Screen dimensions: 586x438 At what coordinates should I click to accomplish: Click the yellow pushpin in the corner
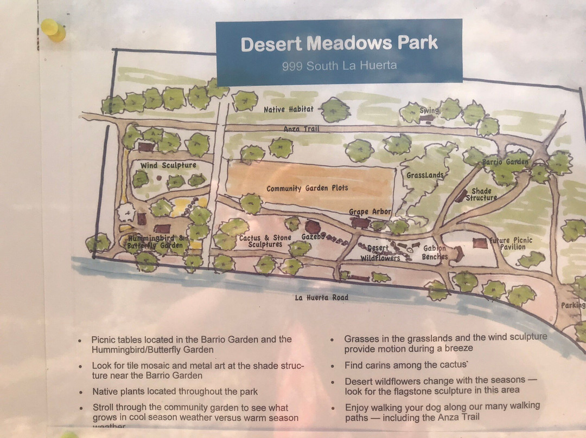point(53,29)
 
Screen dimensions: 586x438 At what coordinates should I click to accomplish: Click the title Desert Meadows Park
point(339,44)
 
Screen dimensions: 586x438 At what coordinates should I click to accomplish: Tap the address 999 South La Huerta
point(339,66)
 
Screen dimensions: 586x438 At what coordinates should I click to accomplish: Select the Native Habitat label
point(289,110)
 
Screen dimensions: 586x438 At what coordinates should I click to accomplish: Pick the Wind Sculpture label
point(168,165)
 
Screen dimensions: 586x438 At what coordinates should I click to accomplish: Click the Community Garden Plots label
point(307,188)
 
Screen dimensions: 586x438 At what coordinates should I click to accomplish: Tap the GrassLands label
point(425,175)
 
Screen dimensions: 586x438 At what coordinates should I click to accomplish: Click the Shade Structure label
point(481,194)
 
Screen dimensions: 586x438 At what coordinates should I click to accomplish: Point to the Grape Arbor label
point(366,211)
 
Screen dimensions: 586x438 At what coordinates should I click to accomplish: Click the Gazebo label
point(313,237)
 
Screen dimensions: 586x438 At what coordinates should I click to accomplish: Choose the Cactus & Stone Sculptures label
point(265,241)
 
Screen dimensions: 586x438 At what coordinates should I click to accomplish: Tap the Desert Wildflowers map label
point(380,253)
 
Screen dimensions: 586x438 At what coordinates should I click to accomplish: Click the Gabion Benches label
point(435,253)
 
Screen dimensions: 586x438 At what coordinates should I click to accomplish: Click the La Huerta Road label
point(322,297)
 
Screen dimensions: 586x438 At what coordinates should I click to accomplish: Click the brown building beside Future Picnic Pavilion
point(480,243)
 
